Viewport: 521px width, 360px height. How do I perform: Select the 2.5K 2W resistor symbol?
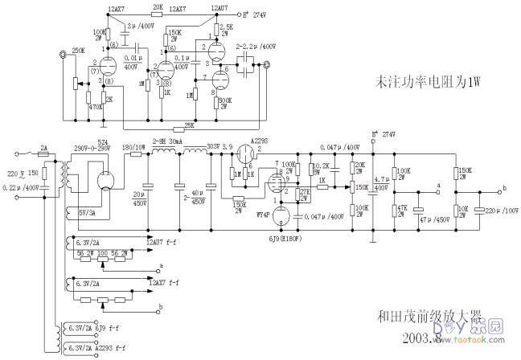[x=214, y=33]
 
